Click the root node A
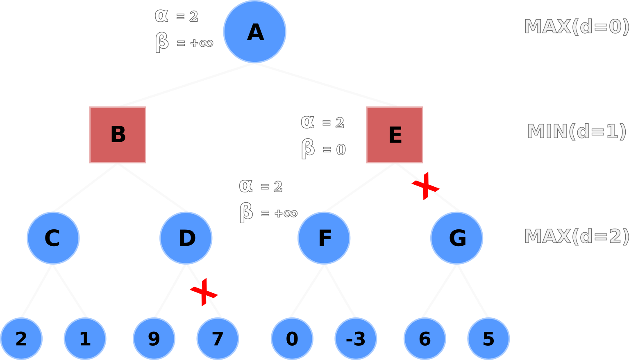click(254, 32)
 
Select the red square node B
click(118, 135)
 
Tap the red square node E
click(395, 135)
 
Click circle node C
click(53, 238)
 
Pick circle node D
click(186, 238)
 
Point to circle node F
click(324, 238)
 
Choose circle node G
click(457, 238)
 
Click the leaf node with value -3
click(356, 339)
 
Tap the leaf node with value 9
click(154, 339)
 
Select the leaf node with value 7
click(218, 339)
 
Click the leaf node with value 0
click(292, 339)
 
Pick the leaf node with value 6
click(425, 339)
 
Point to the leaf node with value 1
click(85, 339)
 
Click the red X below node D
click(204, 292)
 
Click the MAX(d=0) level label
click(576, 27)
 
